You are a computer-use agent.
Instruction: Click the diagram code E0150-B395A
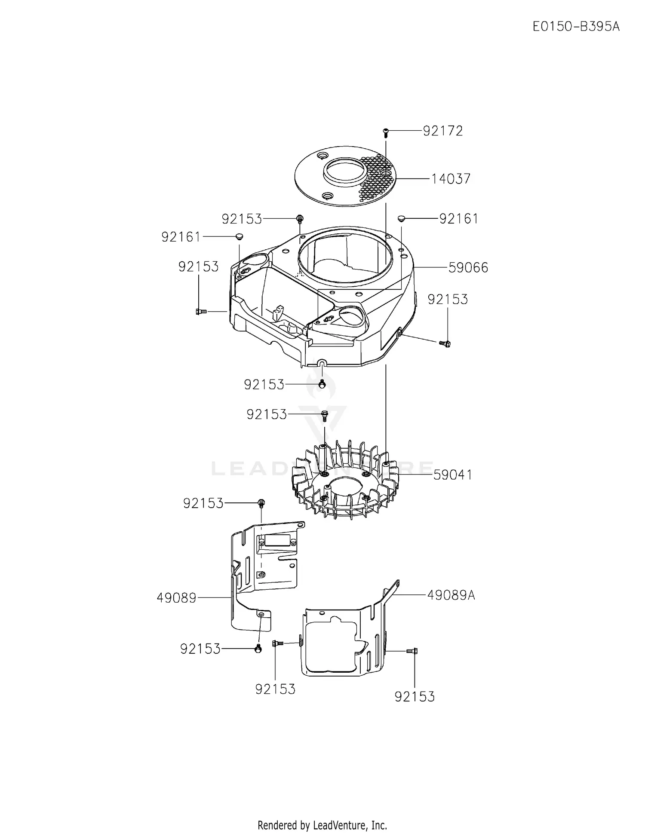point(576,27)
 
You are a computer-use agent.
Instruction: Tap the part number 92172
point(442,131)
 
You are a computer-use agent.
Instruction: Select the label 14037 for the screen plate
point(451,179)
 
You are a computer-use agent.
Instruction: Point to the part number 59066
point(468,267)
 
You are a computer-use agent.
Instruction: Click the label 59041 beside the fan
point(452,475)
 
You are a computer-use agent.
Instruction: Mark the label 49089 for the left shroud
point(176,597)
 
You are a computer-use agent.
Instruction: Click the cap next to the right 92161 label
point(402,218)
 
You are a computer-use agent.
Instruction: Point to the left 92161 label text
point(181,237)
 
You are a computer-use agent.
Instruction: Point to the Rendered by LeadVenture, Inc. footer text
point(322,813)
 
